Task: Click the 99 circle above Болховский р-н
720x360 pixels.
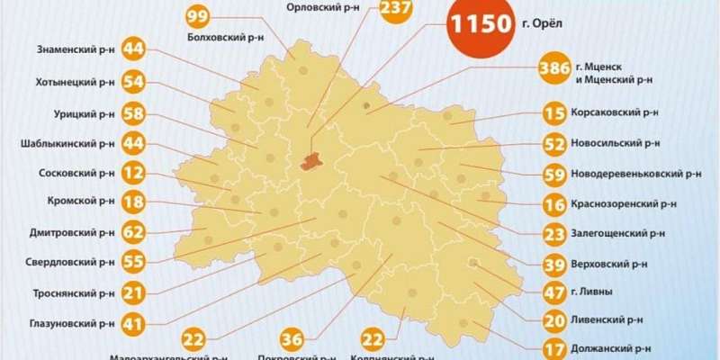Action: click(x=198, y=17)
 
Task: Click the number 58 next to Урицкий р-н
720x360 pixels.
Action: click(x=133, y=113)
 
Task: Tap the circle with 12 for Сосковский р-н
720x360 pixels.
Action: click(x=133, y=173)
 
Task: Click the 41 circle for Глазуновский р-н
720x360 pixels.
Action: click(x=133, y=322)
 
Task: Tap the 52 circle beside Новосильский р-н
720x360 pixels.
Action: click(x=554, y=143)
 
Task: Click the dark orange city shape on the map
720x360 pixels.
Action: click(x=311, y=161)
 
